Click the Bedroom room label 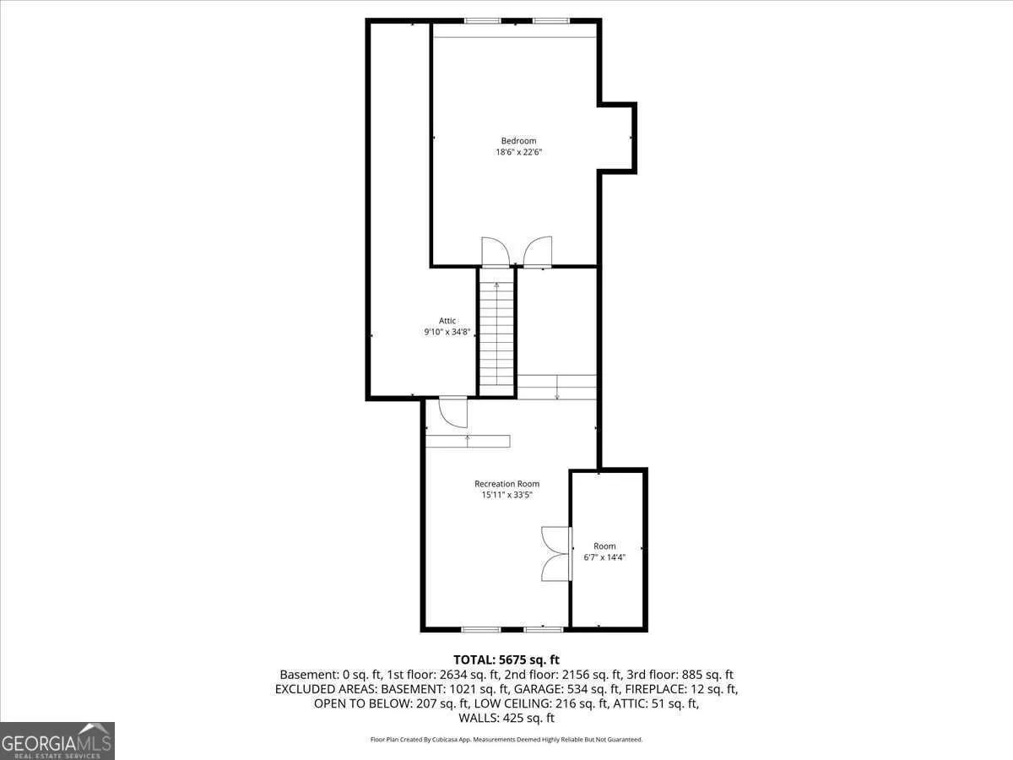point(518,141)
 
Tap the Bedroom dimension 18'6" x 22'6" point(518,152)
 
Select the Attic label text point(447,320)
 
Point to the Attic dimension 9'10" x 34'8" point(447,331)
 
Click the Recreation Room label point(506,484)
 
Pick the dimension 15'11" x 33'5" point(506,495)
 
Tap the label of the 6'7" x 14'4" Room point(604,546)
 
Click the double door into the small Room point(556,554)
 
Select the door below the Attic point(453,411)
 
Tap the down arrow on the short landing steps point(557,387)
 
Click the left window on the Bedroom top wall point(483,21)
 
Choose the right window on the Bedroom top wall point(551,21)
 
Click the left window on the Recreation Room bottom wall point(481,629)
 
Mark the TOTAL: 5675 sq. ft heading point(506,660)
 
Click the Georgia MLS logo point(57,741)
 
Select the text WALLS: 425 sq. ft point(506,718)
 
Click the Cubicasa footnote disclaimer point(506,739)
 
